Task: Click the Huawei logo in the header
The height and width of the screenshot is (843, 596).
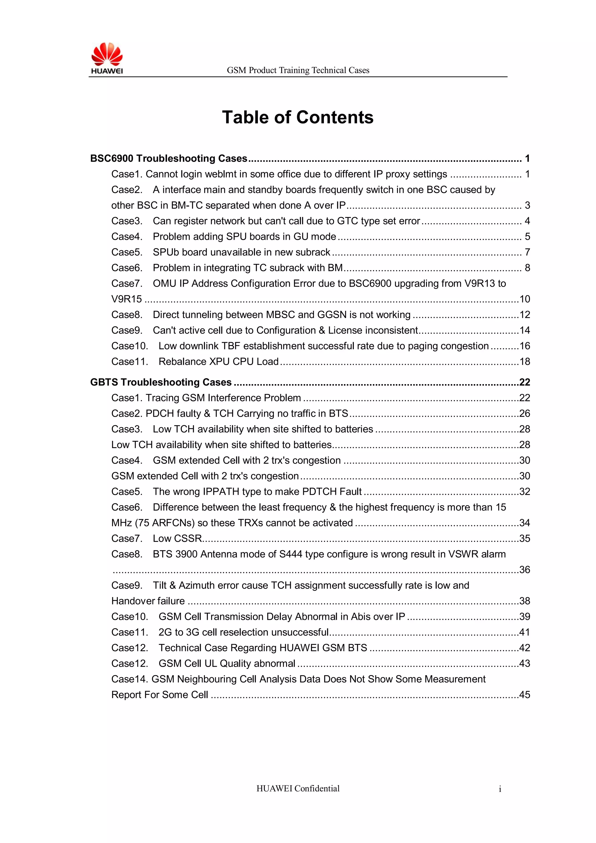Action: tap(107, 58)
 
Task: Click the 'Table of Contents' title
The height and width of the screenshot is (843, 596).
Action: tap(297, 118)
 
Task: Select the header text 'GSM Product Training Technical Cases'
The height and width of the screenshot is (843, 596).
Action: tap(298, 70)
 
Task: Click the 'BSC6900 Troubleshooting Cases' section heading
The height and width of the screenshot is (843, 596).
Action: tap(168, 158)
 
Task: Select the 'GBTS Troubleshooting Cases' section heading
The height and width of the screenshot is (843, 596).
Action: tap(161, 382)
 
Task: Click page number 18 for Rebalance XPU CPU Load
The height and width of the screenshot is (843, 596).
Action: tap(525, 362)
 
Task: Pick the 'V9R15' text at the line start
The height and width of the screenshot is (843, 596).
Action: tap(127, 299)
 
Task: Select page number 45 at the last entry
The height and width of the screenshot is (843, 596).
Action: tap(525, 695)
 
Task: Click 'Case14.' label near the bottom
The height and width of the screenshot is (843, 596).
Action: tap(130, 679)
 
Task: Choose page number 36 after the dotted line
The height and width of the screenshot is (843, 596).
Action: tap(525, 570)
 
